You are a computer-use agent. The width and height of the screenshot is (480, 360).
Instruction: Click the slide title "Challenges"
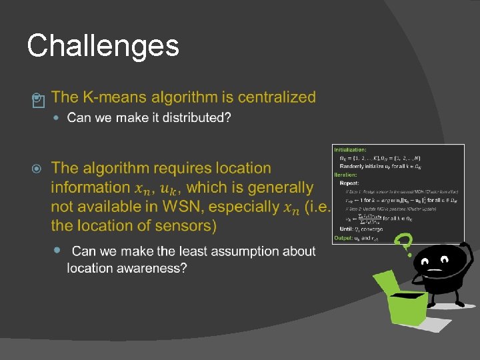pyautogui.click(x=103, y=46)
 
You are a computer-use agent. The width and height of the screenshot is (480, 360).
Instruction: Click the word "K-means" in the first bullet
pyautogui.click(x=115, y=97)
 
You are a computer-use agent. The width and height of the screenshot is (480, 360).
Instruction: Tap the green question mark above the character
pyautogui.click(x=402, y=245)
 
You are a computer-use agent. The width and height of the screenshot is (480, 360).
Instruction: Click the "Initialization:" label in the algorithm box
pyautogui.click(x=351, y=150)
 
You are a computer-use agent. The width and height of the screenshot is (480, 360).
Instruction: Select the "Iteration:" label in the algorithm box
pyautogui.click(x=346, y=174)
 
